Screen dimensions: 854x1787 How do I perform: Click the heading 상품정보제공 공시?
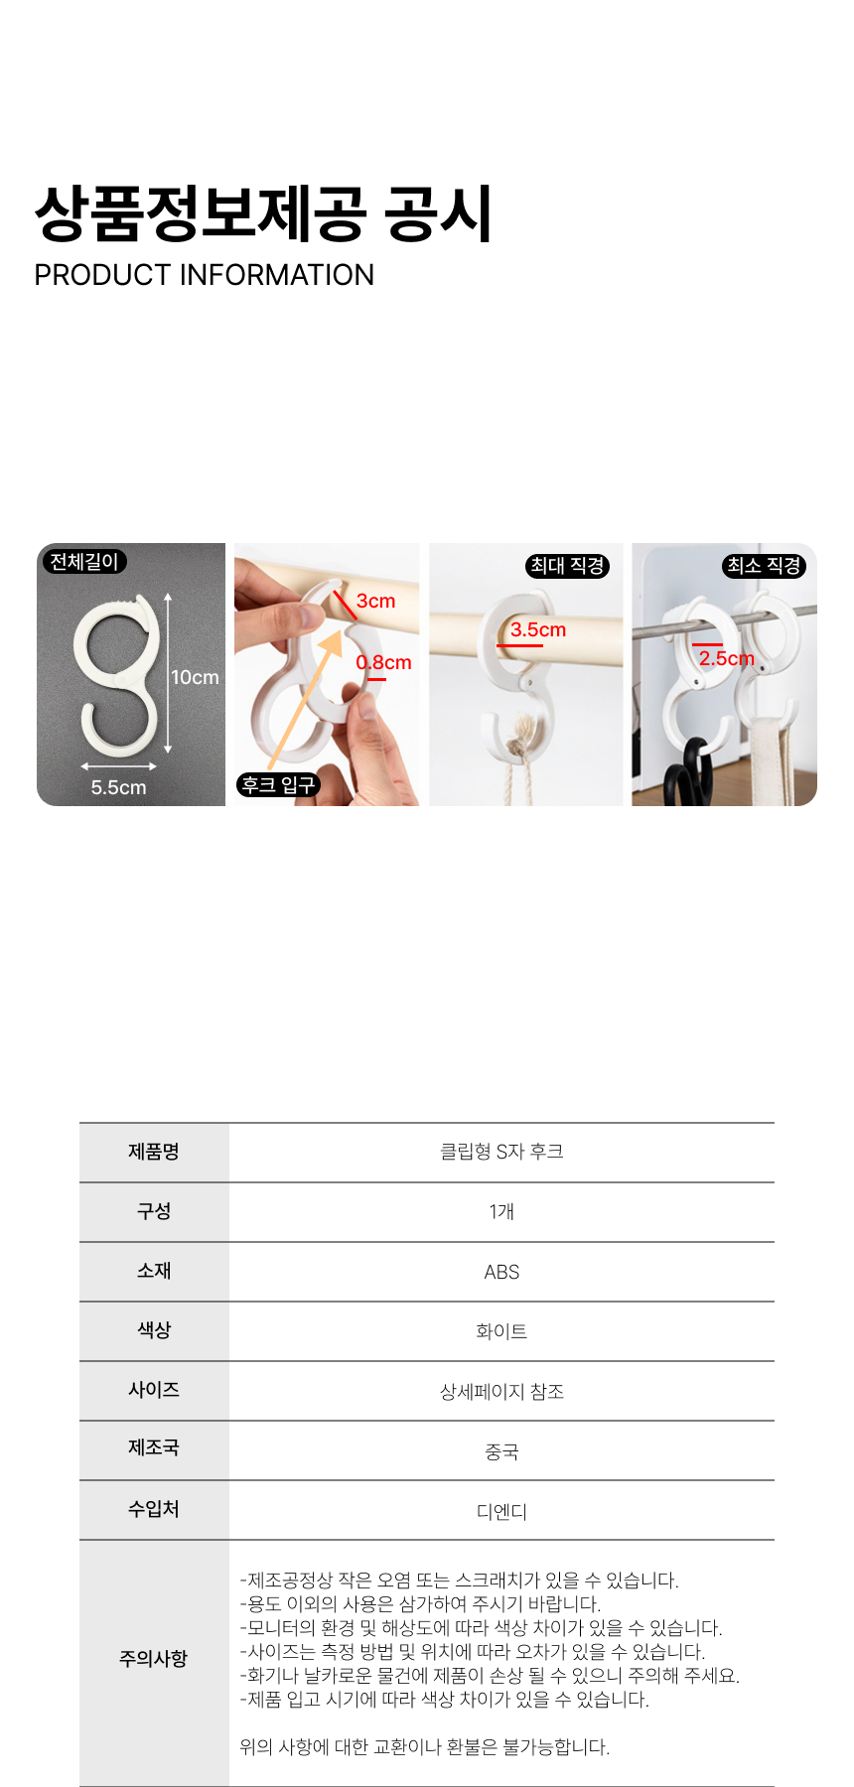pos(263,213)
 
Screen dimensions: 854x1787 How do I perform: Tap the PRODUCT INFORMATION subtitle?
pos(205,275)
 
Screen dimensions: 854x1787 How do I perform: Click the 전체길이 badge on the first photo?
pos(84,562)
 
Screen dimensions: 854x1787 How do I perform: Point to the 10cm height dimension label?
pos(195,677)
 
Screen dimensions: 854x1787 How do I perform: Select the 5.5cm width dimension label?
pos(118,787)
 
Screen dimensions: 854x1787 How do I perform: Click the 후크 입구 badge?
pos(278,785)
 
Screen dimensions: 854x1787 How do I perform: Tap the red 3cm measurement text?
pos(376,601)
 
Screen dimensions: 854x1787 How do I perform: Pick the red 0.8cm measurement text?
pos(384,662)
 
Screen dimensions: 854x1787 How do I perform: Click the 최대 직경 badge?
pos(567,566)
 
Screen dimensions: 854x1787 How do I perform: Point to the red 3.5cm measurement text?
pos(538,629)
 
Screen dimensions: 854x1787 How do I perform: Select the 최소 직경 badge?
pos(764,566)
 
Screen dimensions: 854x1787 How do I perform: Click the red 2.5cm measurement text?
pos(727,658)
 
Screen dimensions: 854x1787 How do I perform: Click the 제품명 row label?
pos(154,1152)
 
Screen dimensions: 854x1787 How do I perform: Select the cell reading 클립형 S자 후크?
pos(501,1152)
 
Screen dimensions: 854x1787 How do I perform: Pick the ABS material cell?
pos(501,1272)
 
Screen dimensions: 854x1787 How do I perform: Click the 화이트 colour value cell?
pos(501,1331)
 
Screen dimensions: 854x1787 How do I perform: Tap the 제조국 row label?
pos(154,1448)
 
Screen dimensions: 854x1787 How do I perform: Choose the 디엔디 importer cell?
pos(501,1512)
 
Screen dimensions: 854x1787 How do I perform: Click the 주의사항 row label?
pos(154,1659)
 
